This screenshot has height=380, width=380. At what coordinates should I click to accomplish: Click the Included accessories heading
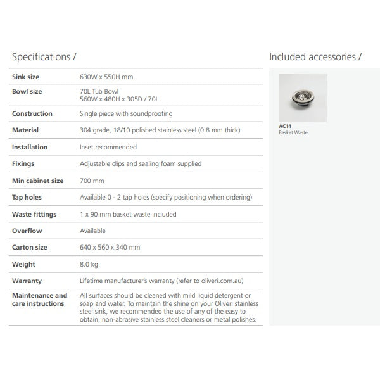point(315,57)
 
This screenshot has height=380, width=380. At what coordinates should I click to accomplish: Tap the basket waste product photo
point(303,98)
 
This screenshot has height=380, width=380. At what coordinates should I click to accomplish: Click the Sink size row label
point(26,77)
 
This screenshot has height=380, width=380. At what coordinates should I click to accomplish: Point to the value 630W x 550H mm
point(106,77)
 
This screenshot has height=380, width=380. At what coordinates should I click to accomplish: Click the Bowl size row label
point(27,91)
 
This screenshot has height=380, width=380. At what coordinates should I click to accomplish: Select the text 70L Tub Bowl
point(99,91)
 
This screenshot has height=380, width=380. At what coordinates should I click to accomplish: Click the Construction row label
point(32,114)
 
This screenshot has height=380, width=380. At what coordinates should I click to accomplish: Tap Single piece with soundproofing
point(126,114)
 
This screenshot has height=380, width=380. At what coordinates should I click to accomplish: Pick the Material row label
point(25,130)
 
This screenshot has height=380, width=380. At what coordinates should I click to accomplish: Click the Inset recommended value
point(108,147)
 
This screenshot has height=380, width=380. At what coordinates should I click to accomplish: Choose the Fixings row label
point(24,163)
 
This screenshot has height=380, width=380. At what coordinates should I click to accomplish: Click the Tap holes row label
point(27,197)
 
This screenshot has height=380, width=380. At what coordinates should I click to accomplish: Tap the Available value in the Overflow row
point(92,231)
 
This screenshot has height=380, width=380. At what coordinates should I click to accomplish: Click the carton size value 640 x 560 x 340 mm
point(110,248)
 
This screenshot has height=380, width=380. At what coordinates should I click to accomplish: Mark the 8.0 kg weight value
point(89,264)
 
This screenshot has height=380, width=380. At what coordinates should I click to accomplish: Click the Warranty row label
point(27,281)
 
